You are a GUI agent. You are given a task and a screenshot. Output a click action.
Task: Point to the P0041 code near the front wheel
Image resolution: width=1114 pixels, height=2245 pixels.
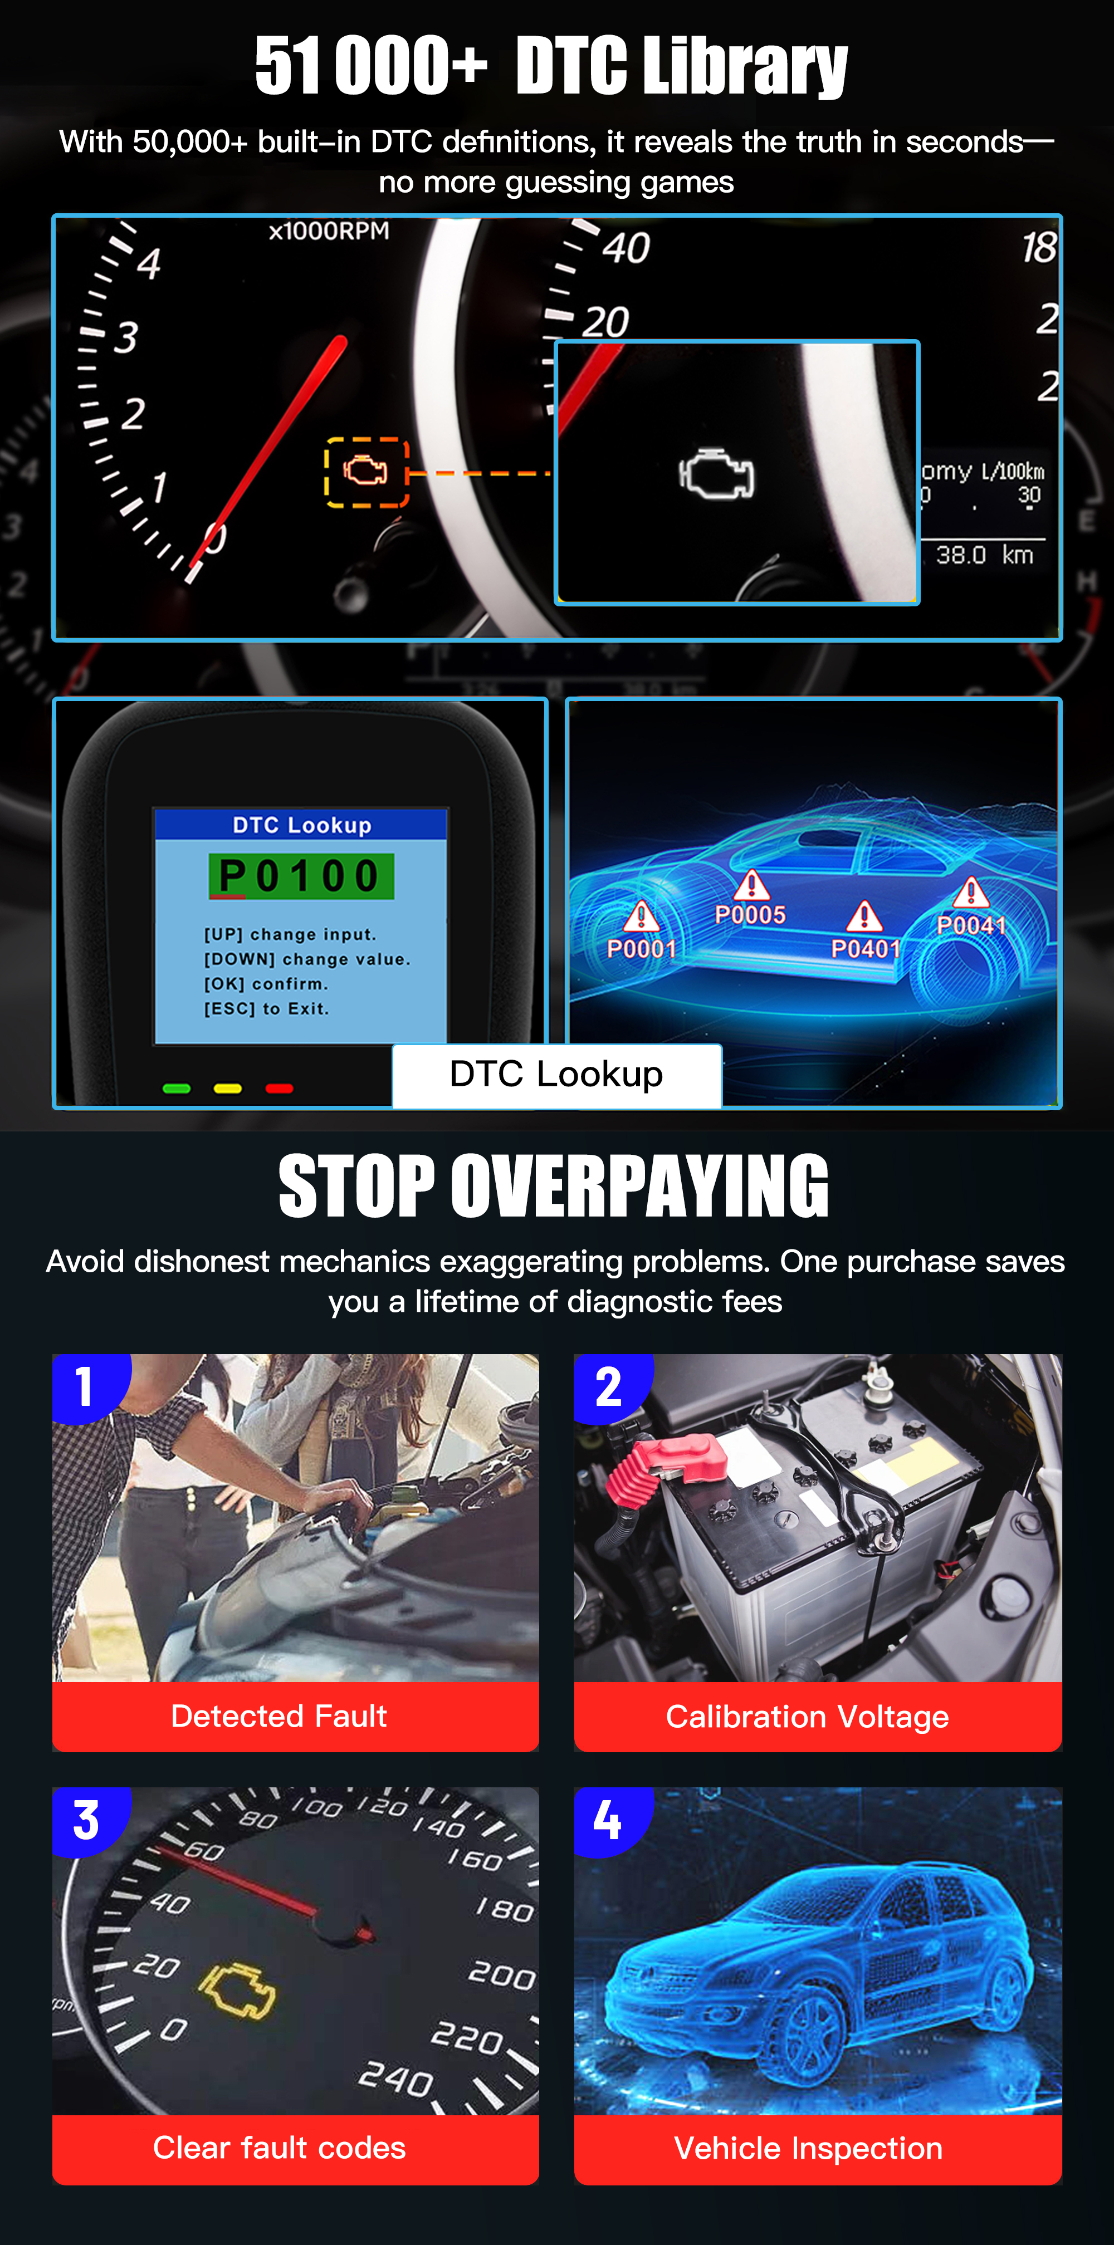pyautogui.click(x=971, y=925)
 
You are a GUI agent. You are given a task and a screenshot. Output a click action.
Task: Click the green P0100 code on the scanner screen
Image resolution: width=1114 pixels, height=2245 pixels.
pyautogui.click(x=301, y=876)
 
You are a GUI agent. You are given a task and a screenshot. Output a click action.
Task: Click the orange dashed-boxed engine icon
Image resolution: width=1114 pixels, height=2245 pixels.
pyautogui.click(x=366, y=472)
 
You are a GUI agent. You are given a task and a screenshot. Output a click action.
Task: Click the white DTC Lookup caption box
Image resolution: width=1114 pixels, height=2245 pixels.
pyautogui.click(x=556, y=1075)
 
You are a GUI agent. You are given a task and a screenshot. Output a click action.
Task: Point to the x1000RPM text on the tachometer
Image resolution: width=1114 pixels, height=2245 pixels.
pyautogui.click(x=329, y=231)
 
